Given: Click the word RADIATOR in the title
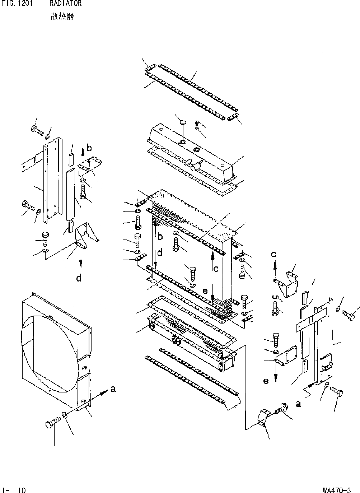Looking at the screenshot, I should (65, 4).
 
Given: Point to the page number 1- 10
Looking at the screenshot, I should (14, 490).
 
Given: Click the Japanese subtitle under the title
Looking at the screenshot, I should (62, 17).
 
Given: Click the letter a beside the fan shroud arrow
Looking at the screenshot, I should (113, 389).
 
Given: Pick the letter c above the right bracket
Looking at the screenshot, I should (274, 254).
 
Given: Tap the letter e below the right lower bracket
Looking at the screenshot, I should (266, 381).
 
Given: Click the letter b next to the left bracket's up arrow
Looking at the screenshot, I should (89, 148).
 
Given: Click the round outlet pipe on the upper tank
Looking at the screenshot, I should (196, 167).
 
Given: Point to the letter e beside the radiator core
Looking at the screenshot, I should (205, 291).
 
